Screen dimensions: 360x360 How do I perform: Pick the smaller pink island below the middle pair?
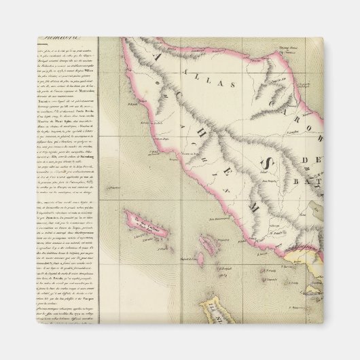coord(200,259)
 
